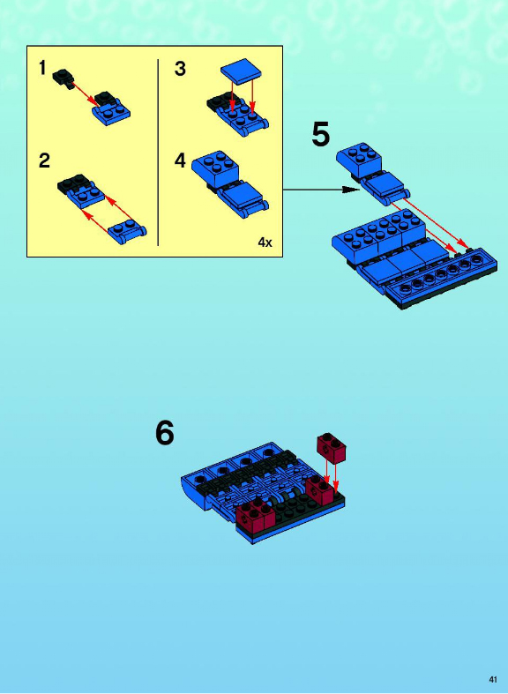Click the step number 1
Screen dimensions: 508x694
click(42, 68)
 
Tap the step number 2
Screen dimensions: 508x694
click(44, 160)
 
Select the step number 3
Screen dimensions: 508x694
click(180, 69)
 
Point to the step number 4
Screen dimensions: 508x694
click(180, 160)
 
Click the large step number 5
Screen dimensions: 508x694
click(321, 135)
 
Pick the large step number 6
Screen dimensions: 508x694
click(165, 433)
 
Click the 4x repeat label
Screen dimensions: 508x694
click(265, 243)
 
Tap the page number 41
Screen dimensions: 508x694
click(493, 679)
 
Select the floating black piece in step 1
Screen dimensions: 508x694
click(63, 78)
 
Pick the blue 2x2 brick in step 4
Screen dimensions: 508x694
click(215, 170)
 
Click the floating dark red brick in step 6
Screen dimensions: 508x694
click(332, 448)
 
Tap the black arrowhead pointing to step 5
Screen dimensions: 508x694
click(352, 190)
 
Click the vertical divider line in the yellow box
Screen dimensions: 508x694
click(158, 153)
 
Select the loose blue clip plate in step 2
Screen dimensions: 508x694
click(128, 232)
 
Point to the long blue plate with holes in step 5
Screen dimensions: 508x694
click(441, 280)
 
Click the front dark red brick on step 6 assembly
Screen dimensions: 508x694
click(256, 515)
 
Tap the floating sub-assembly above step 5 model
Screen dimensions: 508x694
click(373, 174)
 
